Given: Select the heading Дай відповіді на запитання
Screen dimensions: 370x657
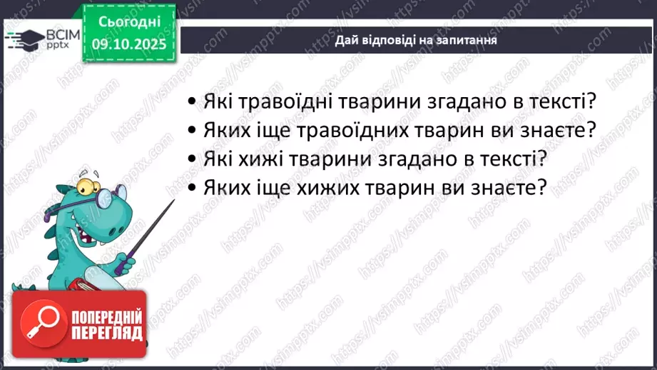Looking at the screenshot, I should click(x=416, y=41).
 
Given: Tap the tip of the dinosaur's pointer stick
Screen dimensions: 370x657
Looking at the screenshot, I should click(x=173, y=201).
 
